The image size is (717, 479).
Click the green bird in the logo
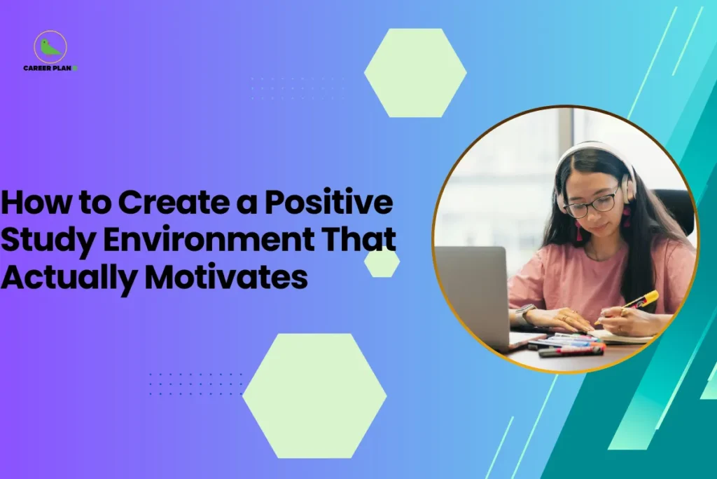[x=50, y=48]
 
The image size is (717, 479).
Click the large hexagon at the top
[x=415, y=73]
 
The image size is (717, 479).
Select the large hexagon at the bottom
[x=314, y=396]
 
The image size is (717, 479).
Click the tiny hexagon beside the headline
[x=382, y=262]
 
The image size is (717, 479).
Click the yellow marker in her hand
[x=642, y=300]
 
